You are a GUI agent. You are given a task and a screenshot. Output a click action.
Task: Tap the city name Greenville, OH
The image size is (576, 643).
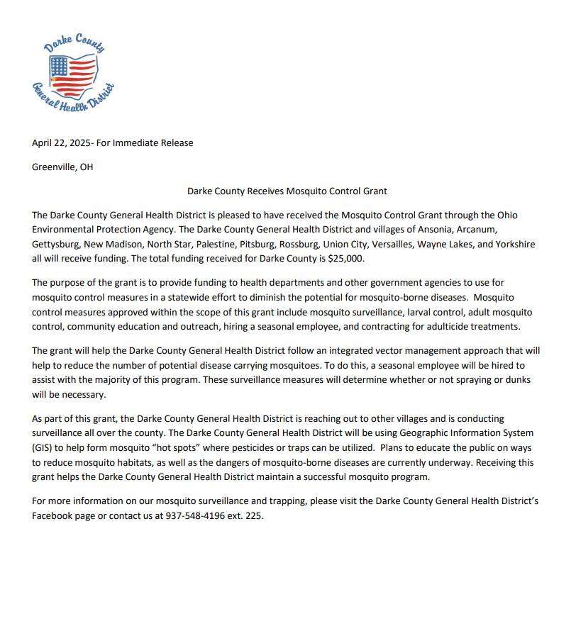[62, 167]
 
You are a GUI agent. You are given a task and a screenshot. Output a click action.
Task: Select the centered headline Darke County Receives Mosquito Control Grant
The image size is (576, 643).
[287, 191]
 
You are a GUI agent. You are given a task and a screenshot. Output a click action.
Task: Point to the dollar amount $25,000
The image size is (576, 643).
[346, 259]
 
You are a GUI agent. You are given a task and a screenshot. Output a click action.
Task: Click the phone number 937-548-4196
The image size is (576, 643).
[195, 516]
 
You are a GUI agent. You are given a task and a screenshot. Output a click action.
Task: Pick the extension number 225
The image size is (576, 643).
[254, 516]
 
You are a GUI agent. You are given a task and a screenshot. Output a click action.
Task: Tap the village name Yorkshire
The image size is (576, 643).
[514, 245]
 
